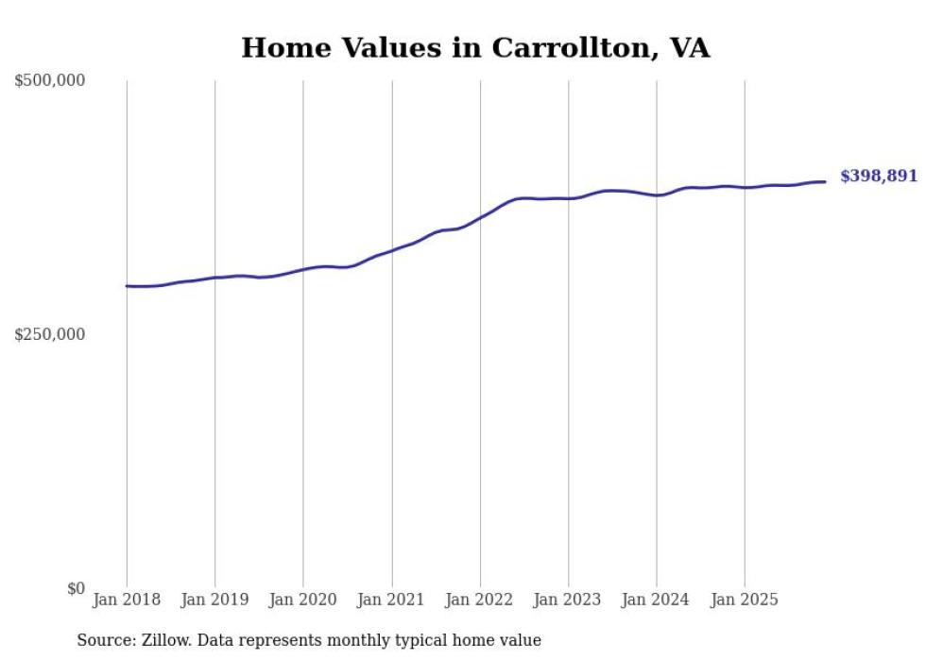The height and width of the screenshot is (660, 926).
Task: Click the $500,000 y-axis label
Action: (49, 81)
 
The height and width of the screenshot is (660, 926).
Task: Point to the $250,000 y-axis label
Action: (49, 334)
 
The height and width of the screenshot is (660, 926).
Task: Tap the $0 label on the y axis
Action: (76, 588)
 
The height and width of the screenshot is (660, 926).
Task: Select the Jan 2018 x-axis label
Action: (127, 600)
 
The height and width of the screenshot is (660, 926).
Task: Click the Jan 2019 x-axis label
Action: (214, 600)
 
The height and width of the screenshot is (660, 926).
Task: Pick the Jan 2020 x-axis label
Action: (303, 600)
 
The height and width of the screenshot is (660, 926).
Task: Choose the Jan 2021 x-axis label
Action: (391, 600)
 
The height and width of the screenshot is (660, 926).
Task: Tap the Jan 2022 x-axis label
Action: (480, 600)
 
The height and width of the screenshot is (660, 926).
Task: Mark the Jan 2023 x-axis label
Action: (568, 600)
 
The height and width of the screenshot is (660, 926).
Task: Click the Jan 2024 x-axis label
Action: (657, 600)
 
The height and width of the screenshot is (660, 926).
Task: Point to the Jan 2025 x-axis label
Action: (745, 600)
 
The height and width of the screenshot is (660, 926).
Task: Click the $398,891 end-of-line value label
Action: (878, 177)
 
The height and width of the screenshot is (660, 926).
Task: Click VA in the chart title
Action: (689, 48)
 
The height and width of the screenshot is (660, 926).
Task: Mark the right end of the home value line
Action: (825, 181)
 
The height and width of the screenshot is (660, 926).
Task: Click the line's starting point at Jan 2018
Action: (127, 285)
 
